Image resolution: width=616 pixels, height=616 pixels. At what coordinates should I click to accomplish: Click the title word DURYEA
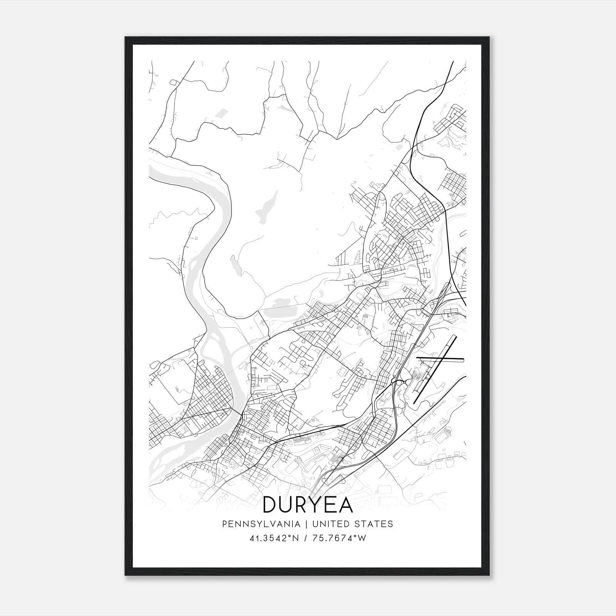coord(308,505)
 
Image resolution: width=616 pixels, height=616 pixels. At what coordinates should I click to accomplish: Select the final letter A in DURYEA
coord(345,505)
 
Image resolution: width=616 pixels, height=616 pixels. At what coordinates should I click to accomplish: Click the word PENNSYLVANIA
coord(255,524)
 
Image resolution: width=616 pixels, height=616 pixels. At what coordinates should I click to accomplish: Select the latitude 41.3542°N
coord(274,538)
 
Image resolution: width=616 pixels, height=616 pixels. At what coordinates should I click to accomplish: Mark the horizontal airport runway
coord(441,360)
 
